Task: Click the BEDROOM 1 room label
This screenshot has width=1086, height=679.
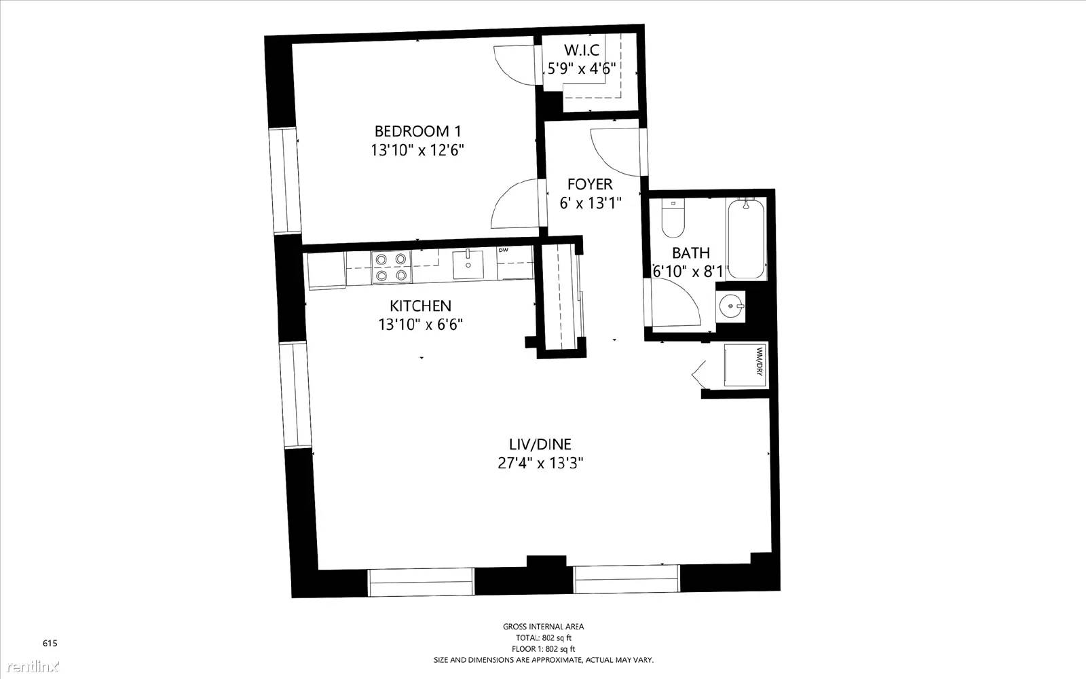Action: point(417,132)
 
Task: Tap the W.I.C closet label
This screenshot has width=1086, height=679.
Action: point(581,50)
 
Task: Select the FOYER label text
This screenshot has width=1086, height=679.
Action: point(590,184)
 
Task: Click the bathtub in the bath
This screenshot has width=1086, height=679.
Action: point(746,239)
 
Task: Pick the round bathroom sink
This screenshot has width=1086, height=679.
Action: point(730,306)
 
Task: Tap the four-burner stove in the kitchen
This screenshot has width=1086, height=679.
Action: point(391,267)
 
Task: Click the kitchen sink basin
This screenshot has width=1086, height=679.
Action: point(468,264)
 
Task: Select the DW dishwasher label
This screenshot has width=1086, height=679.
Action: point(503,251)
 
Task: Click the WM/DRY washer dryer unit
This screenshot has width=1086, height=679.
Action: point(745,365)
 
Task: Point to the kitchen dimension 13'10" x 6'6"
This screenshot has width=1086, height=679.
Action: point(420,324)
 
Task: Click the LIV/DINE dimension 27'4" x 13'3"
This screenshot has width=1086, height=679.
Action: point(540,463)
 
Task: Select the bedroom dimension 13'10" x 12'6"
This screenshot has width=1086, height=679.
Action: point(417,150)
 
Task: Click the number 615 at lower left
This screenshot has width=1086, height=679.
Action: point(50,643)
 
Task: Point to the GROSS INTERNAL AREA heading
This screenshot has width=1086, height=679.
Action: point(543,627)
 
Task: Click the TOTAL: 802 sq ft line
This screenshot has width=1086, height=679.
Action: point(543,638)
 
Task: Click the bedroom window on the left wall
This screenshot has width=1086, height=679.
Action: point(285,181)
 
